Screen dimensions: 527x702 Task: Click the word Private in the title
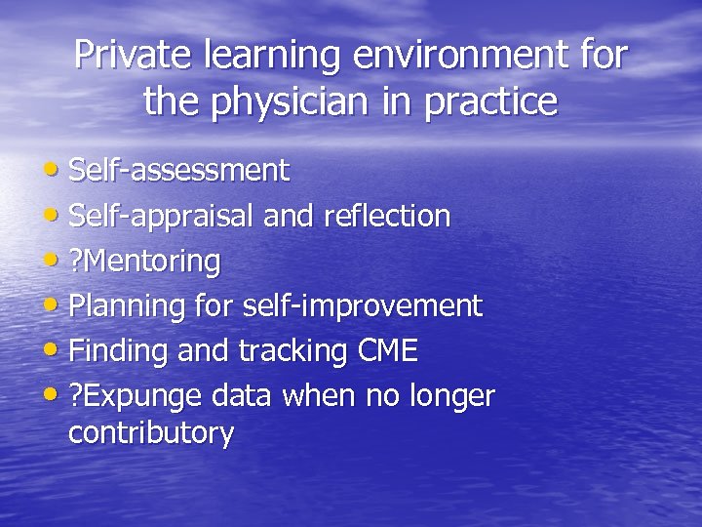(x=135, y=55)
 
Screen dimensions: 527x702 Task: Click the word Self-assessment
(x=179, y=171)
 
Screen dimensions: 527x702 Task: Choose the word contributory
(x=151, y=432)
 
